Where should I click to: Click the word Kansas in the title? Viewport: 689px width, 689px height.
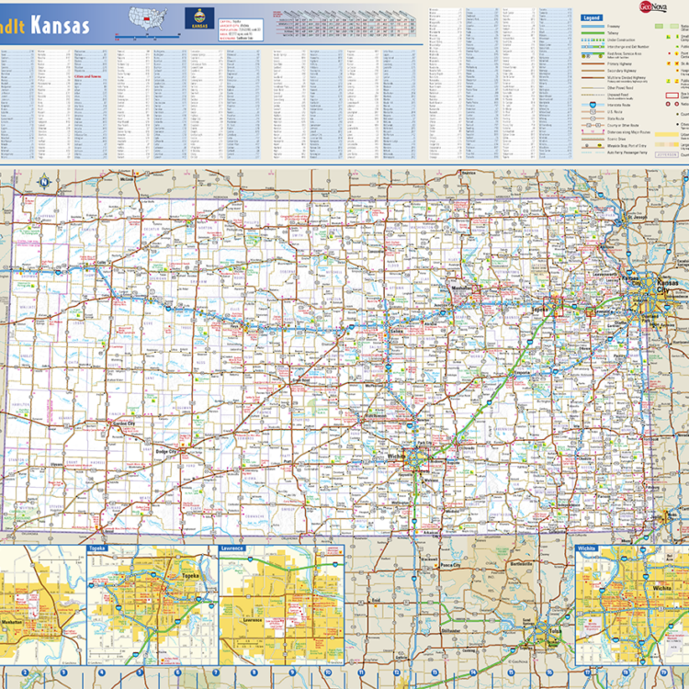(x=61, y=25)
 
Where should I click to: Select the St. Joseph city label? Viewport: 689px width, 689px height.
(x=640, y=217)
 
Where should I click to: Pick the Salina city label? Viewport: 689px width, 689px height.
(x=397, y=331)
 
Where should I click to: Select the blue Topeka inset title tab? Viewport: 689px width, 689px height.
(x=97, y=548)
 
